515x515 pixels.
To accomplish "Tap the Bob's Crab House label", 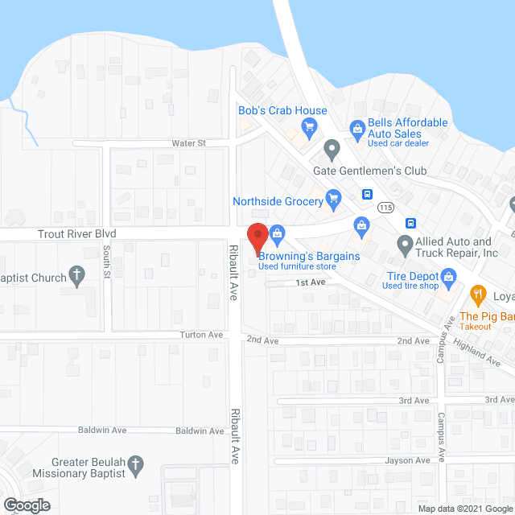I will pyautogui.click(x=282, y=111).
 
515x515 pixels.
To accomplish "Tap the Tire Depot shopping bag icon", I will pyautogui.click(x=449, y=278).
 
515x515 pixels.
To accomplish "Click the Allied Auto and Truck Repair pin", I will pyautogui.click(x=405, y=244).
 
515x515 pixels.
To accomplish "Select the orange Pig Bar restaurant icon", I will pyautogui.click(x=477, y=294).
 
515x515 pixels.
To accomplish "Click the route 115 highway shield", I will pyautogui.click(x=387, y=207).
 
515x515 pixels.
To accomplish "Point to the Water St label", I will pyautogui.click(x=189, y=142).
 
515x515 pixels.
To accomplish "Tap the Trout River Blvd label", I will pyautogui.click(x=77, y=233).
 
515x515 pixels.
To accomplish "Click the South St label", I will pyautogui.click(x=106, y=263).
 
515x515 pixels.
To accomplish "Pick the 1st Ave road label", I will pyautogui.click(x=309, y=282).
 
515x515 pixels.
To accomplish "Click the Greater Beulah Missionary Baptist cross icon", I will pyautogui.click(x=136, y=463).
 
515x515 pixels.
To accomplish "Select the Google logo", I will pyautogui.click(x=26, y=505).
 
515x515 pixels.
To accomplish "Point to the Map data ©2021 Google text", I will pyautogui.click(x=464, y=509).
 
